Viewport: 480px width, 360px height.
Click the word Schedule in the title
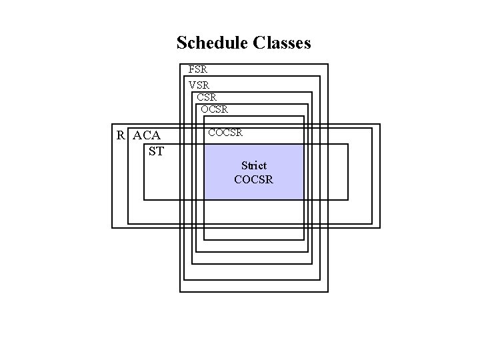click(x=213, y=43)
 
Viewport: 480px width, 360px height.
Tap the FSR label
click(x=197, y=69)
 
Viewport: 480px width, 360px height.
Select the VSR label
click(x=199, y=85)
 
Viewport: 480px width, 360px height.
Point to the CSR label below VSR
click(x=207, y=97)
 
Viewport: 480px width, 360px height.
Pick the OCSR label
click(x=215, y=109)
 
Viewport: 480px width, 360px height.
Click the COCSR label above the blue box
click(x=225, y=133)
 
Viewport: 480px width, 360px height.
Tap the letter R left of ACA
click(x=121, y=136)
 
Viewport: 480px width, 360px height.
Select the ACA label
click(x=147, y=136)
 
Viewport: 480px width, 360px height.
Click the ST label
click(x=156, y=151)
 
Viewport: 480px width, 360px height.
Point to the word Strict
click(x=254, y=165)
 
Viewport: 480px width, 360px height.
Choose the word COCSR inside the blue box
click(x=254, y=179)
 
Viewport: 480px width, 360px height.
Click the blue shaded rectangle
click(x=254, y=190)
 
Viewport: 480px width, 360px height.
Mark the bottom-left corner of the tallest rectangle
click(x=180, y=291)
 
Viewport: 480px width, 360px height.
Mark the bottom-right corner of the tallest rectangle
click(x=328, y=291)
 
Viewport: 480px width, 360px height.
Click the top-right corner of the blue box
click(x=304, y=145)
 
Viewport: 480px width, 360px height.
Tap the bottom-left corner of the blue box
click(x=205, y=199)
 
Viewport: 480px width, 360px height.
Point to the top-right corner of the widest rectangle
click(x=379, y=125)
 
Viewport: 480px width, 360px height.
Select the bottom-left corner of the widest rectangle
click(x=112, y=227)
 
